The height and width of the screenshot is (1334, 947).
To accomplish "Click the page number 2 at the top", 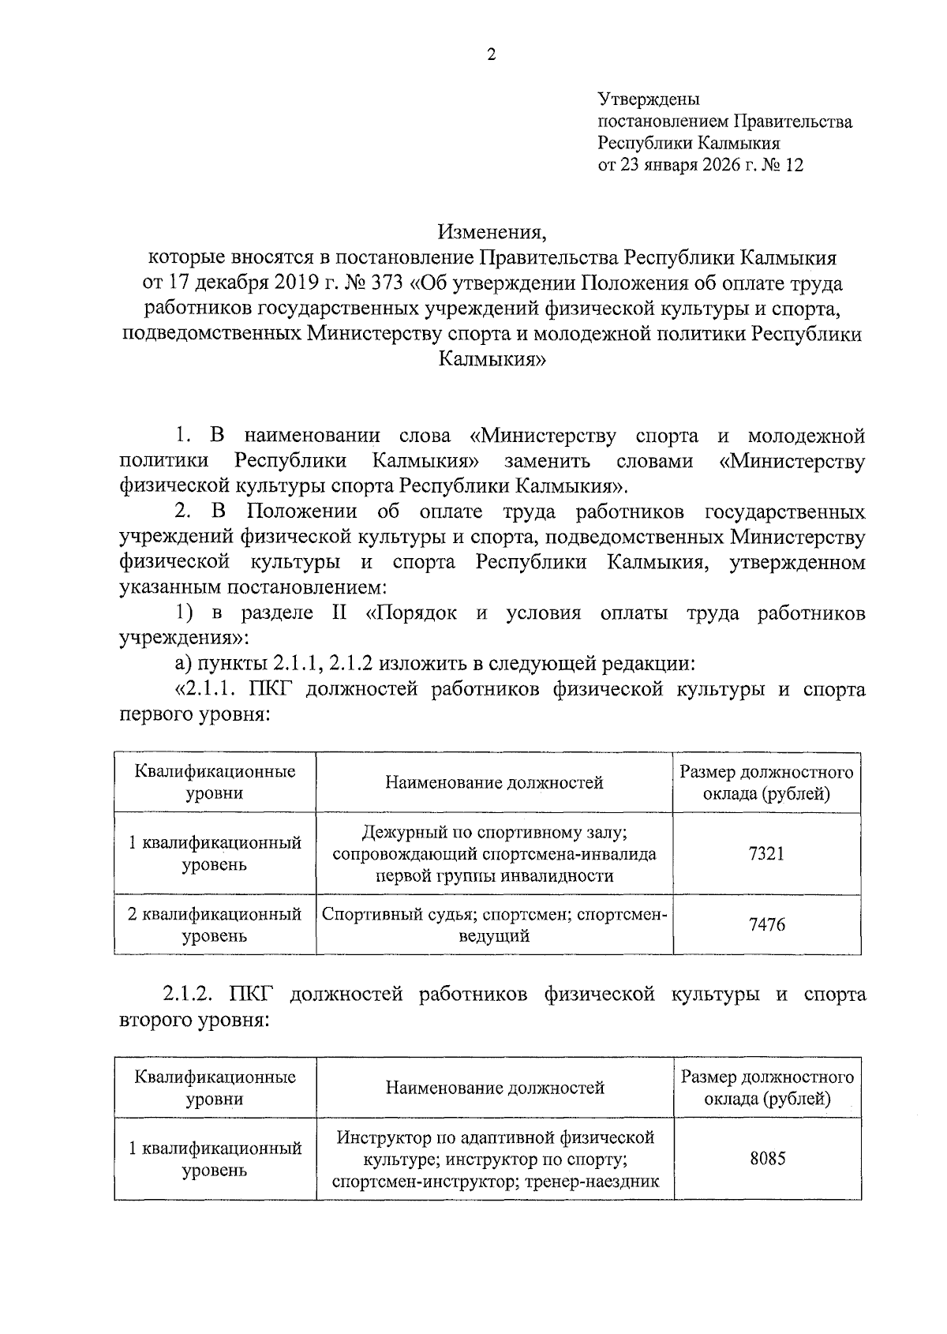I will (491, 54).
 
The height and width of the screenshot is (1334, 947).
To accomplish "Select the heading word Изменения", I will (492, 233).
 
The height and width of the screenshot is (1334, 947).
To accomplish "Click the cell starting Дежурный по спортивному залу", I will (494, 853).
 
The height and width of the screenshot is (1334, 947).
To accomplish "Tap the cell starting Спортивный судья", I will (494, 924).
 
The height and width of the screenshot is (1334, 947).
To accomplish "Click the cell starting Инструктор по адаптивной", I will (495, 1159).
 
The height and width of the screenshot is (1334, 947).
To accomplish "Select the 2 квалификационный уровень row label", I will (215, 924).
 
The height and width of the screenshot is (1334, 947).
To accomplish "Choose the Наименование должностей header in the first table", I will (494, 782).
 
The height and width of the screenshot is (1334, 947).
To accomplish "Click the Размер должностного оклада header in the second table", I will (767, 1087).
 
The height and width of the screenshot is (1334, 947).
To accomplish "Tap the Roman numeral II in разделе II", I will (339, 614).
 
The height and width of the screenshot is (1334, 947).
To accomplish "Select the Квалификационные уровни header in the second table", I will (215, 1087).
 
